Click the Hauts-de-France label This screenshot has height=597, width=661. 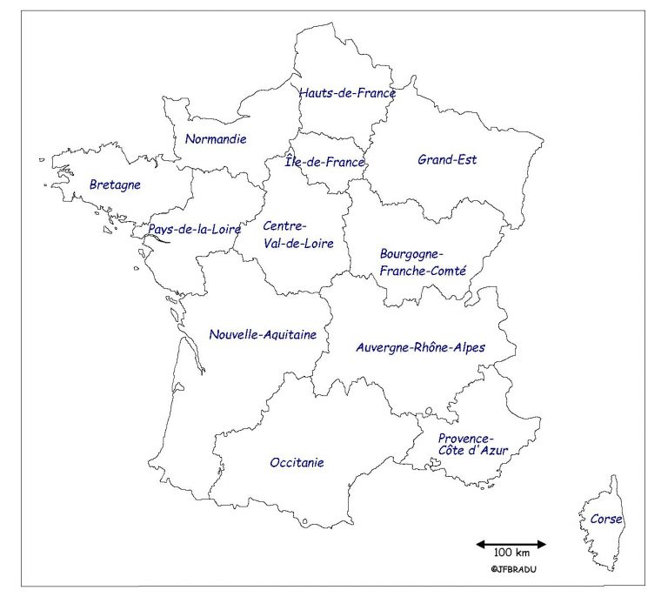(x=347, y=92)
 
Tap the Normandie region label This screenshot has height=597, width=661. (x=217, y=138)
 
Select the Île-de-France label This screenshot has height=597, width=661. (x=325, y=162)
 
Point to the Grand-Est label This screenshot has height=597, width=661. (x=447, y=159)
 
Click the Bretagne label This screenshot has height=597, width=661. (x=115, y=184)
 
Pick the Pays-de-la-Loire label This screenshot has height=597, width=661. (x=194, y=229)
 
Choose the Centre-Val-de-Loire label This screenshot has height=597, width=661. (x=298, y=235)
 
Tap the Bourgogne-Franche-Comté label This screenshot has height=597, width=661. (x=424, y=262)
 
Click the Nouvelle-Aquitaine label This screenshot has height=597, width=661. (x=263, y=334)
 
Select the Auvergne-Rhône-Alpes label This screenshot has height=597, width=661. (x=421, y=347)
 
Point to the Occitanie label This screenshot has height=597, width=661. (x=297, y=462)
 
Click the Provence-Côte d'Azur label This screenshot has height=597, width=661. (x=472, y=445)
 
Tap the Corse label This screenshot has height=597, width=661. (x=606, y=520)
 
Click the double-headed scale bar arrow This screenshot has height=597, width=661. (x=511, y=544)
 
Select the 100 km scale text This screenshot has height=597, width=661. (x=511, y=554)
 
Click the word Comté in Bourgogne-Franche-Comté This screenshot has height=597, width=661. (x=448, y=271)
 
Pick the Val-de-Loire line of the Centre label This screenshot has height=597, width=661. (x=298, y=245)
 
